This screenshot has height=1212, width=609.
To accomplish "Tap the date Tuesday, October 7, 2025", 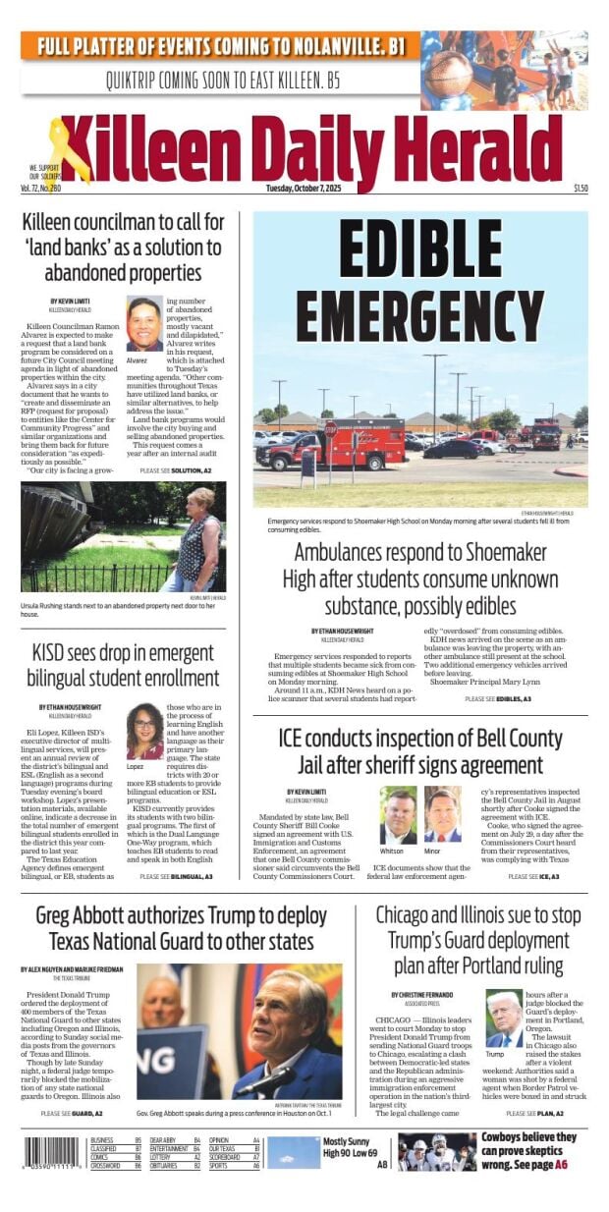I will point(305,189).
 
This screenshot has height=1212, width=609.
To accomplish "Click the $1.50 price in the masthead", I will point(581,189).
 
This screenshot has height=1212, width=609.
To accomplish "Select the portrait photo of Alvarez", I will point(144,325).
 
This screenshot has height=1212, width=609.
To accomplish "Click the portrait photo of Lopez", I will point(144,730).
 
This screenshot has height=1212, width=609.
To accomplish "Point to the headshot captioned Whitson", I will point(398,814).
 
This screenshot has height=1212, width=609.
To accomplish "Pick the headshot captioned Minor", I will point(443,814).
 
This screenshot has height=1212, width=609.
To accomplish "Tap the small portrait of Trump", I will point(504,1018).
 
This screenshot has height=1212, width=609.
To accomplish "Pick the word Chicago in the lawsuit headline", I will point(414,914).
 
